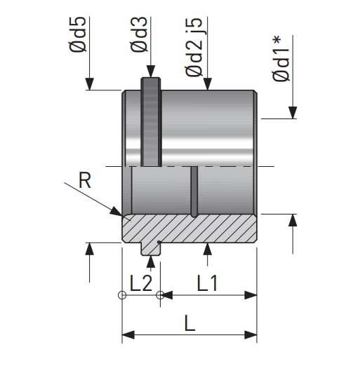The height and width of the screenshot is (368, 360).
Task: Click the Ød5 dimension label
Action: click(x=78, y=34)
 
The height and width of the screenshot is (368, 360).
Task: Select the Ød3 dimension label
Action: click(x=139, y=34)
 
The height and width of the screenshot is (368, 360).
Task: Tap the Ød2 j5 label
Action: click(x=194, y=47)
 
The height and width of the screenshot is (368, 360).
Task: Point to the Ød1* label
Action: click(x=281, y=59)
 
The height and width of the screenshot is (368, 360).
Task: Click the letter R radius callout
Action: click(x=85, y=180)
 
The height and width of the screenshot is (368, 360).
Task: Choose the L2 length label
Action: click(x=141, y=283)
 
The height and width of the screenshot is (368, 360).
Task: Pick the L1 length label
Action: click(x=207, y=283)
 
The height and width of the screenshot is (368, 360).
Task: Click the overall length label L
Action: click(x=190, y=323)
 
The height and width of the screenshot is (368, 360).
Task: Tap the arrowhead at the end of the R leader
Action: click(x=116, y=211)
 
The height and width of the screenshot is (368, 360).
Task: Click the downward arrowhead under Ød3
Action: click(x=151, y=71)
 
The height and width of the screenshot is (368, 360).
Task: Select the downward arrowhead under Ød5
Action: click(x=90, y=84)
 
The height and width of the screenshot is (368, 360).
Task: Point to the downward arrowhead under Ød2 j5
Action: click(x=207, y=84)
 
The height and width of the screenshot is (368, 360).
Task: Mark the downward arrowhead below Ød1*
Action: click(x=293, y=113)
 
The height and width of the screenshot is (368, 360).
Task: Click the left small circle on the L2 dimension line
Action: click(x=122, y=295)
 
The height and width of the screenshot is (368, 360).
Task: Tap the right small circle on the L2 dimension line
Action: click(x=160, y=295)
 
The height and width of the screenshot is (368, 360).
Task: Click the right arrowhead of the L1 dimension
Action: click(x=251, y=295)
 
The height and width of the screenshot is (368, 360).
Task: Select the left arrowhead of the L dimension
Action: click(x=128, y=335)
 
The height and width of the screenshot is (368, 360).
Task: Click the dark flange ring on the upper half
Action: click(x=151, y=122)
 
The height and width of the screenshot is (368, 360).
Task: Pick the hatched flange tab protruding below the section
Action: click(x=150, y=249)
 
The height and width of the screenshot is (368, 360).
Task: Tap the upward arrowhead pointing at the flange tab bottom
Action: click(x=151, y=262)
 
